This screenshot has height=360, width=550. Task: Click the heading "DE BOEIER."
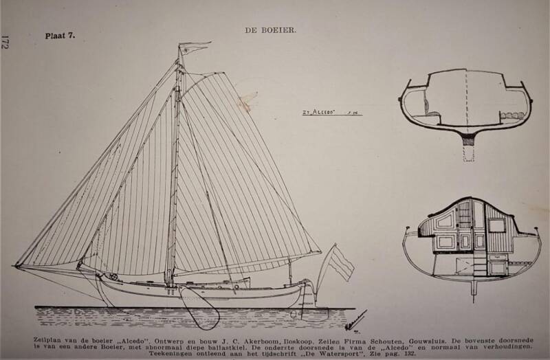[271, 30]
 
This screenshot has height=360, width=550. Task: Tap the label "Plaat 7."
[60, 35]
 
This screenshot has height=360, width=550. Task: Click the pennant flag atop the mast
[192, 47]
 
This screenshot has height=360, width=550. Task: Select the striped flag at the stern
[340, 262]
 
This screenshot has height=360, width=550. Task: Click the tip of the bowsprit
[16, 265]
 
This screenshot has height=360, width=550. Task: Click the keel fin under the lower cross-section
[473, 289]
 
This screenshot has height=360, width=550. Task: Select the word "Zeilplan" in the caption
[48, 339]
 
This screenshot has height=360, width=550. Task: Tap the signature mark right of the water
[356, 319]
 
